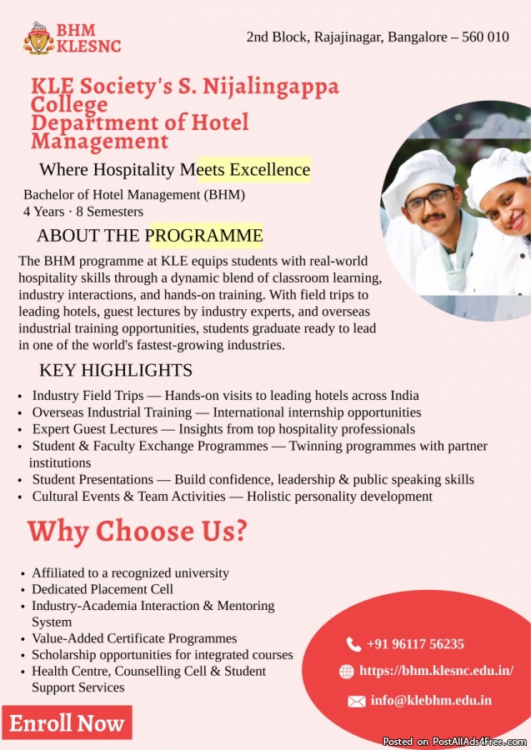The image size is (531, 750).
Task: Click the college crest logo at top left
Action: pyautogui.click(x=38, y=38)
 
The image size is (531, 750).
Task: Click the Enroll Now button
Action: pyautogui.click(x=67, y=723)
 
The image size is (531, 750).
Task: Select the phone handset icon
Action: pyautogui.click(x=353, y=644)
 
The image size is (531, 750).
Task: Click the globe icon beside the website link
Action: pyautogui.click(x=347, y=672)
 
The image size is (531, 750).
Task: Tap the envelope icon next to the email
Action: pyautogui.click(x=356, y=701)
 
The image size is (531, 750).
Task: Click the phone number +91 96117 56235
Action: pyautogui.click(x=415, y=644)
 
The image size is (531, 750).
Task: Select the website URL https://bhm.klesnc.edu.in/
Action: pyautogui.click(x=436, y=671)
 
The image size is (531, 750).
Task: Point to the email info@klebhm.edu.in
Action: pyautogui.click(x=431, y=700)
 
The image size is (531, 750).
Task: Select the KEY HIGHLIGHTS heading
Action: pyautogui.click(x=116, y=370)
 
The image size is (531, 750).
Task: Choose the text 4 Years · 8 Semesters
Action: pyautogui.click(x=83, y=212)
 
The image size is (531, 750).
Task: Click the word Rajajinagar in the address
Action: pyautogui.click(x=349, y=37)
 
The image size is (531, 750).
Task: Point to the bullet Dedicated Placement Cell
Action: pyautogui.click(x=103, y=589)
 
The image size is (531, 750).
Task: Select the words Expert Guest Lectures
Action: pyautogui.click(x=95, y=429)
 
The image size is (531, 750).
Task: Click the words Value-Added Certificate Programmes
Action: pyautogui.click(x=134, y=638)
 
